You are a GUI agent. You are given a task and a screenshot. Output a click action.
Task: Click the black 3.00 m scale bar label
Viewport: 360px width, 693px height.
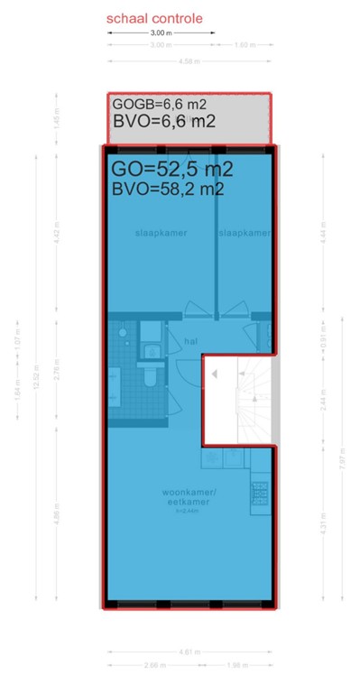tap(162, 32)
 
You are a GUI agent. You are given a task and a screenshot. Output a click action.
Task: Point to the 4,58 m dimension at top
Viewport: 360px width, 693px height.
tap(189, 61)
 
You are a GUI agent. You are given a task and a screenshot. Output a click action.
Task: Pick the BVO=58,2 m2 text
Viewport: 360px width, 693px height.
tap(168, 189)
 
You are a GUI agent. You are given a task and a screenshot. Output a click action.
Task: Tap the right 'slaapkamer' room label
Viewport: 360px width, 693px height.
tap(244, 233)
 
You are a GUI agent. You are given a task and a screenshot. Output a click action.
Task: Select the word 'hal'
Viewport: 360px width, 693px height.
tap(191, 342)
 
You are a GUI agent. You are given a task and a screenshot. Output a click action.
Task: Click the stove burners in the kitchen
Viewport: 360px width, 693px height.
tap(261, 492)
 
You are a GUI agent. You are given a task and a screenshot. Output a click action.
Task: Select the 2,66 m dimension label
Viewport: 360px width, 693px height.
tap(155, 667)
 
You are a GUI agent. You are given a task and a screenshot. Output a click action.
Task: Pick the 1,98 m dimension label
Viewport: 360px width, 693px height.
tap(237, 667)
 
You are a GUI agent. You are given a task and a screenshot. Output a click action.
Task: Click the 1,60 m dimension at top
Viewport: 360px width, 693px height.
tap(242, 45)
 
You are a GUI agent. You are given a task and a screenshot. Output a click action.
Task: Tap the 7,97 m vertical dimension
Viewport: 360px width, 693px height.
tap(341, 460)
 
